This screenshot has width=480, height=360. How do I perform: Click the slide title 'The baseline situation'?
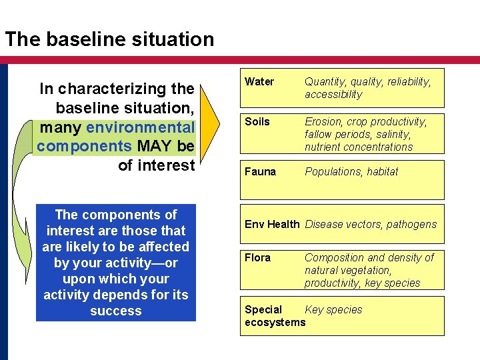[110, 39]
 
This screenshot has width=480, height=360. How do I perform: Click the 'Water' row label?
[259, 82]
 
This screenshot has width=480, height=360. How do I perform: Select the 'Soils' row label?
[257, 122]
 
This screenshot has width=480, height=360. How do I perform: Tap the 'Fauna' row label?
[260, 172]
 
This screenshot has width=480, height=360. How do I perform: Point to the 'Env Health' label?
[272, 225]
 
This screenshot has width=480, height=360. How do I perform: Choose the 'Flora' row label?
[257, 258]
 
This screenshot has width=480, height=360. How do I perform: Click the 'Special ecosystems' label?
[274, 316]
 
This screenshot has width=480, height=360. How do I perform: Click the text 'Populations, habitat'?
[351, 172]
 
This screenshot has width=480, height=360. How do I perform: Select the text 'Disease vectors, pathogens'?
[371, 225]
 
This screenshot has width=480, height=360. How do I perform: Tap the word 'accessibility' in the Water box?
[333, 95]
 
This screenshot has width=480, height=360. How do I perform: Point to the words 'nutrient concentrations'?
[359, 147]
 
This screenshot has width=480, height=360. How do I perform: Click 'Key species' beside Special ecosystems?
[333, 310]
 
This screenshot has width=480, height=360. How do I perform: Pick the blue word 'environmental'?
[141, 127]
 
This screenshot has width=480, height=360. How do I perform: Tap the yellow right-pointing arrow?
[209, 127]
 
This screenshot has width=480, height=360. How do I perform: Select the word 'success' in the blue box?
[115, 311]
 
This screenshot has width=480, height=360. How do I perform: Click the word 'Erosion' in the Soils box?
[323, 122]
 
